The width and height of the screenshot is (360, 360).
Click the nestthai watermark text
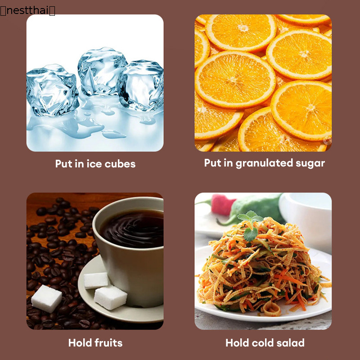(27, 10)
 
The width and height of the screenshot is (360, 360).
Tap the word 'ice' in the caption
(94, 164)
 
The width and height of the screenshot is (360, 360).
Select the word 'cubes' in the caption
(120, 164)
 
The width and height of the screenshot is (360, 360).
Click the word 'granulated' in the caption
(264, 163)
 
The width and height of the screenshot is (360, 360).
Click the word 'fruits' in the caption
(108, 342)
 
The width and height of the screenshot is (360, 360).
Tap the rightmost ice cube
(140, 85)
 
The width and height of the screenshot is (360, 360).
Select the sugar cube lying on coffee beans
(47, 298)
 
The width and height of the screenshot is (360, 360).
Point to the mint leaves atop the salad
(250, 225)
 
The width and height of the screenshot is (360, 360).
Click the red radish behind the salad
(221, 204)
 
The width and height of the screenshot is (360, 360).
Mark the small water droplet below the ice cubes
(114, 135)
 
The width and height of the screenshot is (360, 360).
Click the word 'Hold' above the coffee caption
(81, 342)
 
